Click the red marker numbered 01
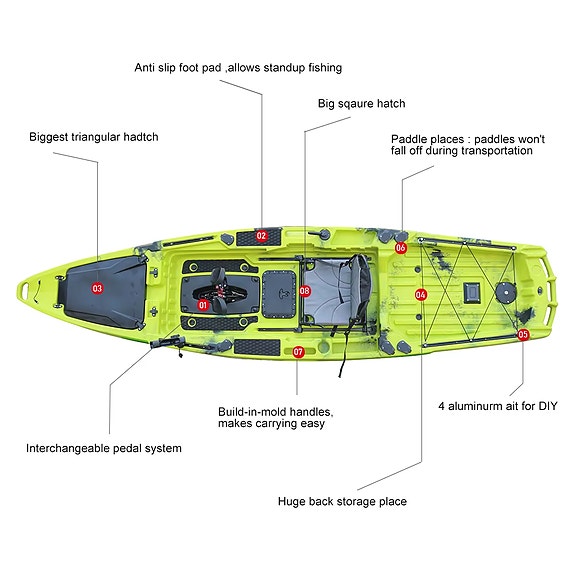(x=203, y=305)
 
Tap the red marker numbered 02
(x=261, y=236)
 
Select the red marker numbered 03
(x=97, y=288)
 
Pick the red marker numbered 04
(x=421, y=294)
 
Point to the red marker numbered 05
(x=523, y=334)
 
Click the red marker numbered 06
(x=400, y=248)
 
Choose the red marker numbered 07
(x=298, y=352)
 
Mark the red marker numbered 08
(x=305, y=291)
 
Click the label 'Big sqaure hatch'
(x=362, y=104)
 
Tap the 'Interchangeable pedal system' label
(x=104, y=448)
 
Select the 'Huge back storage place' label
(x=342, y=502)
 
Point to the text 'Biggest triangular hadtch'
(x=94, y=137)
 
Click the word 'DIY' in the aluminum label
(x=548, y=406)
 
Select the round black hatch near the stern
(x=506, y=293)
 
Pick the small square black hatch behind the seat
(x=471, y=292)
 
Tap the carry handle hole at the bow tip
(x=25, y=291)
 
